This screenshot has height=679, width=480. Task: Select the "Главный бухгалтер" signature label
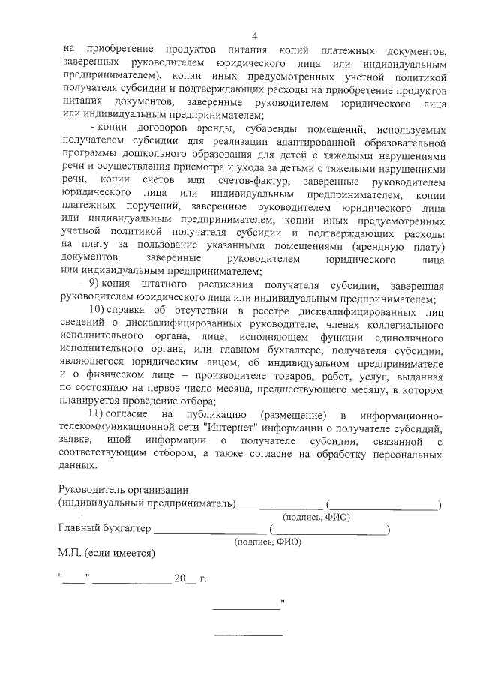point(103,528)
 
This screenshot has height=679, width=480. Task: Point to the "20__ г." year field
point(189,579)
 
